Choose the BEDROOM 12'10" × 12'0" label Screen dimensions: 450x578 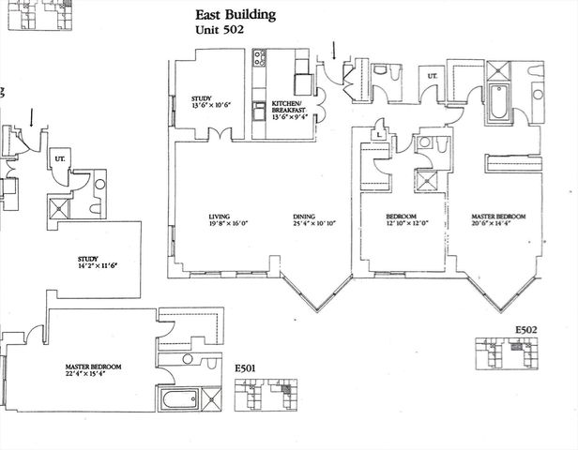pos(405,220)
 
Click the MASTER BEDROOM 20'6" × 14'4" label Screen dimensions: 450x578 pos(497,220)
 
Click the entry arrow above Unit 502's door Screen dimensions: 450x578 pos(334,51)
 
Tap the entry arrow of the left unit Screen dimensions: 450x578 pos(35,117)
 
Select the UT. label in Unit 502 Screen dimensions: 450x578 pos(433,75)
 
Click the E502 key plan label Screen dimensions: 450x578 pos(528,330)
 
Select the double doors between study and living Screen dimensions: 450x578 pos(219,139)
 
